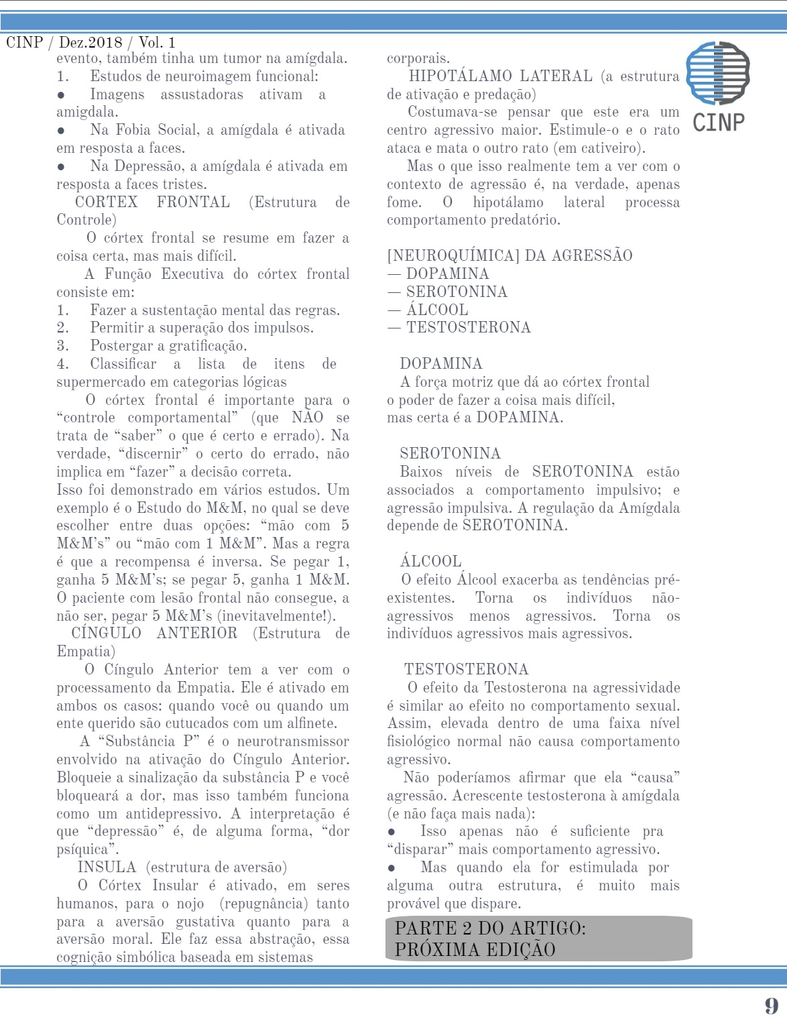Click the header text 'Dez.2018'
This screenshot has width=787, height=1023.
[x=90, y=42]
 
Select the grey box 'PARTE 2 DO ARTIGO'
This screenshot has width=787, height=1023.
[x=538, y=938]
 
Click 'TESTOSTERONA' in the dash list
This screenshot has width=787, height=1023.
[x=468, y=327]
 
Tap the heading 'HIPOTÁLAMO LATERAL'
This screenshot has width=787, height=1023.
[x=500, y=76]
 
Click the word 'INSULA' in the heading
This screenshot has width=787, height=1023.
[x=107, y=867]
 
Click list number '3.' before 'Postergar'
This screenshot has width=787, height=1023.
[x=62, y=346]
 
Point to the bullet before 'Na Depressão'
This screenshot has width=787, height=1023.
[x=61, y=167]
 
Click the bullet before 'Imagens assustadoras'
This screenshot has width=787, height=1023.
[x=61, y=95]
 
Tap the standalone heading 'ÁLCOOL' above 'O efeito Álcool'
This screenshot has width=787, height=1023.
[x=430, y=561]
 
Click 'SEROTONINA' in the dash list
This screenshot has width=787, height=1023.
[x=457, y=292]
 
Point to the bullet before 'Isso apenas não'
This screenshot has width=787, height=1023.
[x=391, y=832]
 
